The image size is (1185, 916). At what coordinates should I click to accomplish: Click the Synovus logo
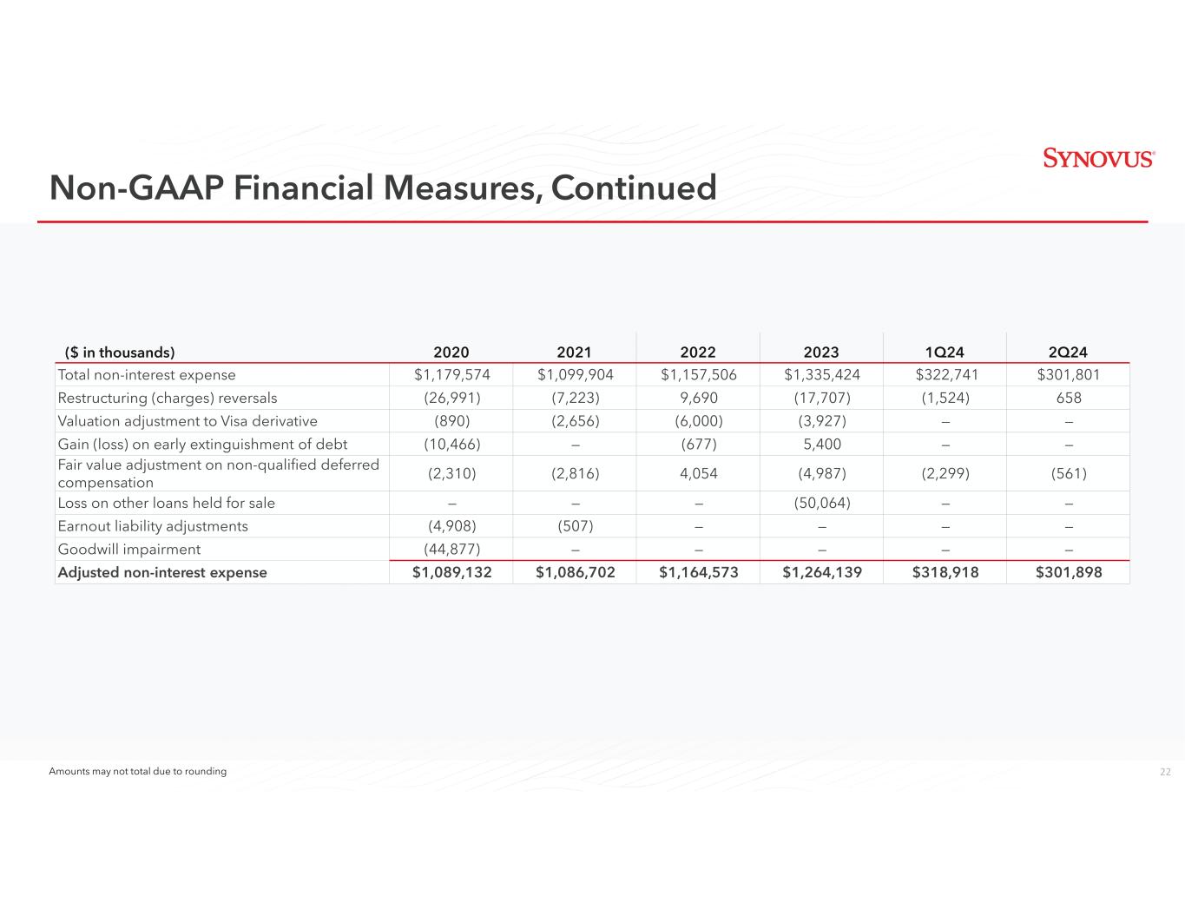point(1098,158)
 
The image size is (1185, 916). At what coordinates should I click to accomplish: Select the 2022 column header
point(698,353)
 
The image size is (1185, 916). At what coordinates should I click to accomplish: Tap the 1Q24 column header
point(945,353)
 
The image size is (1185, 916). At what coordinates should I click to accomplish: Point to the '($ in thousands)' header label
point(120,353)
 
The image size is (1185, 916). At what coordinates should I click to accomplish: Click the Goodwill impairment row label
point(128,550)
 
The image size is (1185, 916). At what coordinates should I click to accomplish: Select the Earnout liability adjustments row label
point(152,526)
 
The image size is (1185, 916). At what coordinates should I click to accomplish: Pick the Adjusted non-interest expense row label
point(161,573)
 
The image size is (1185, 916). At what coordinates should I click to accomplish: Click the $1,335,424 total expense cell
point(821,375)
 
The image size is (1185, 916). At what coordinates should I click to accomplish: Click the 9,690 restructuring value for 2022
point(698,399)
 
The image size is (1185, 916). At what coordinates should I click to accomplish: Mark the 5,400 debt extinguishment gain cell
point(821,445)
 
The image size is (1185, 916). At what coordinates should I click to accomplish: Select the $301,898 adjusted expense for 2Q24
point(1068,573)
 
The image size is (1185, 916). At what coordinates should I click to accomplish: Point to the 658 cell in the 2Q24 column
point(1068,399)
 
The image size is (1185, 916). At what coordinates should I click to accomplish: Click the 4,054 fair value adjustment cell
point(698,473)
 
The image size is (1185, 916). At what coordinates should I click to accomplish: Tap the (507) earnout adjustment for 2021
point(575,526)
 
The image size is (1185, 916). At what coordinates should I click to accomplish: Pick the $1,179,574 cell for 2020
point(451,375)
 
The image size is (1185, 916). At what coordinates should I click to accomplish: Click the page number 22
point(1165,772)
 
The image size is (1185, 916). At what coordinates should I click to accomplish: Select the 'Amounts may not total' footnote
point(137,772)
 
